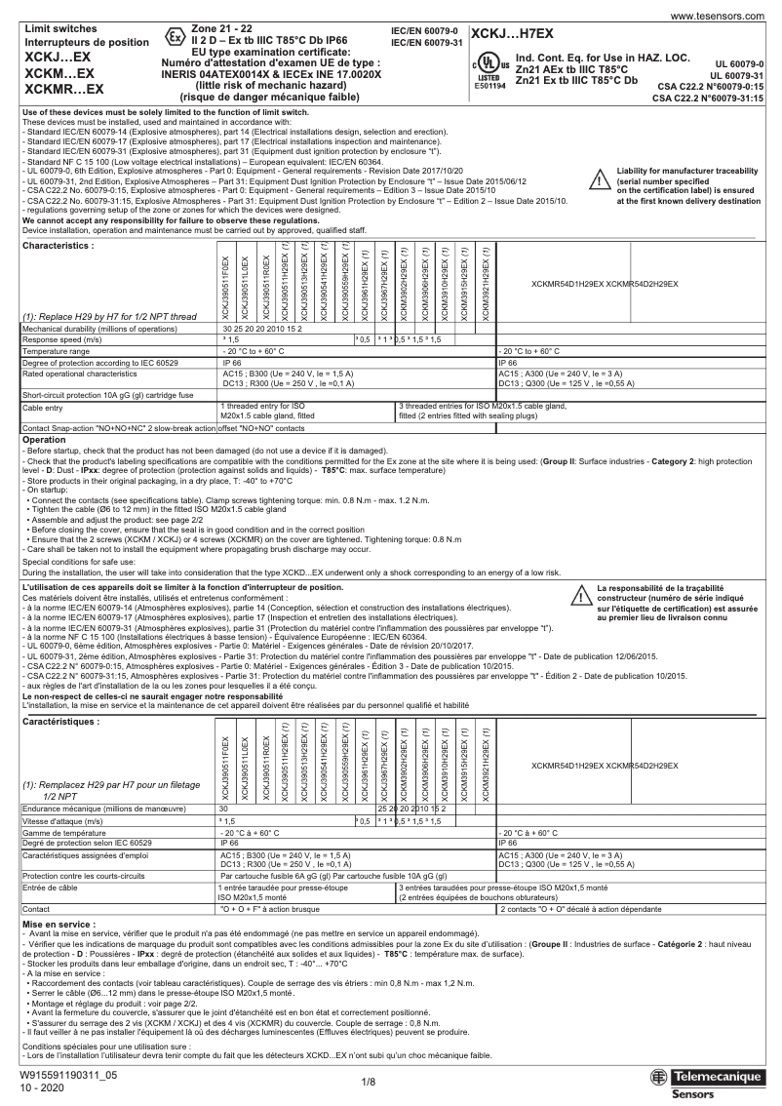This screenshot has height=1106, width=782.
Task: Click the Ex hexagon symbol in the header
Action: [175, 37]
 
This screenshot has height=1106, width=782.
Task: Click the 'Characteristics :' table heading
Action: [59, 218]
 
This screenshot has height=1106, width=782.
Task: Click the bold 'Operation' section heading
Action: [44, 440]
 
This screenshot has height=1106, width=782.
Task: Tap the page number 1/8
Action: [369, 1082]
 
